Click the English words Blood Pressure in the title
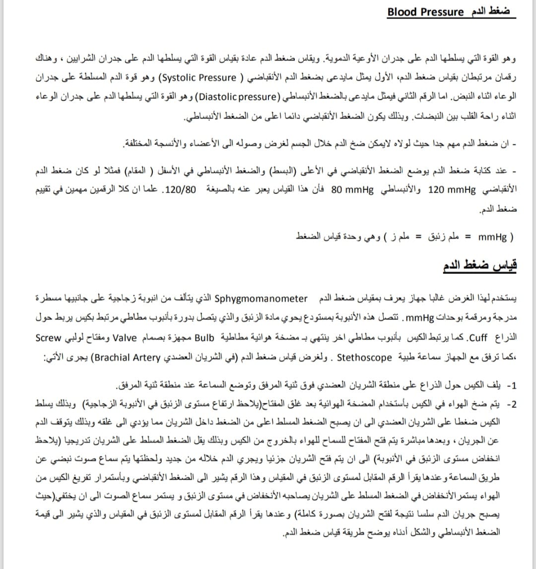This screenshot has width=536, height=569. coord(425,12)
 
